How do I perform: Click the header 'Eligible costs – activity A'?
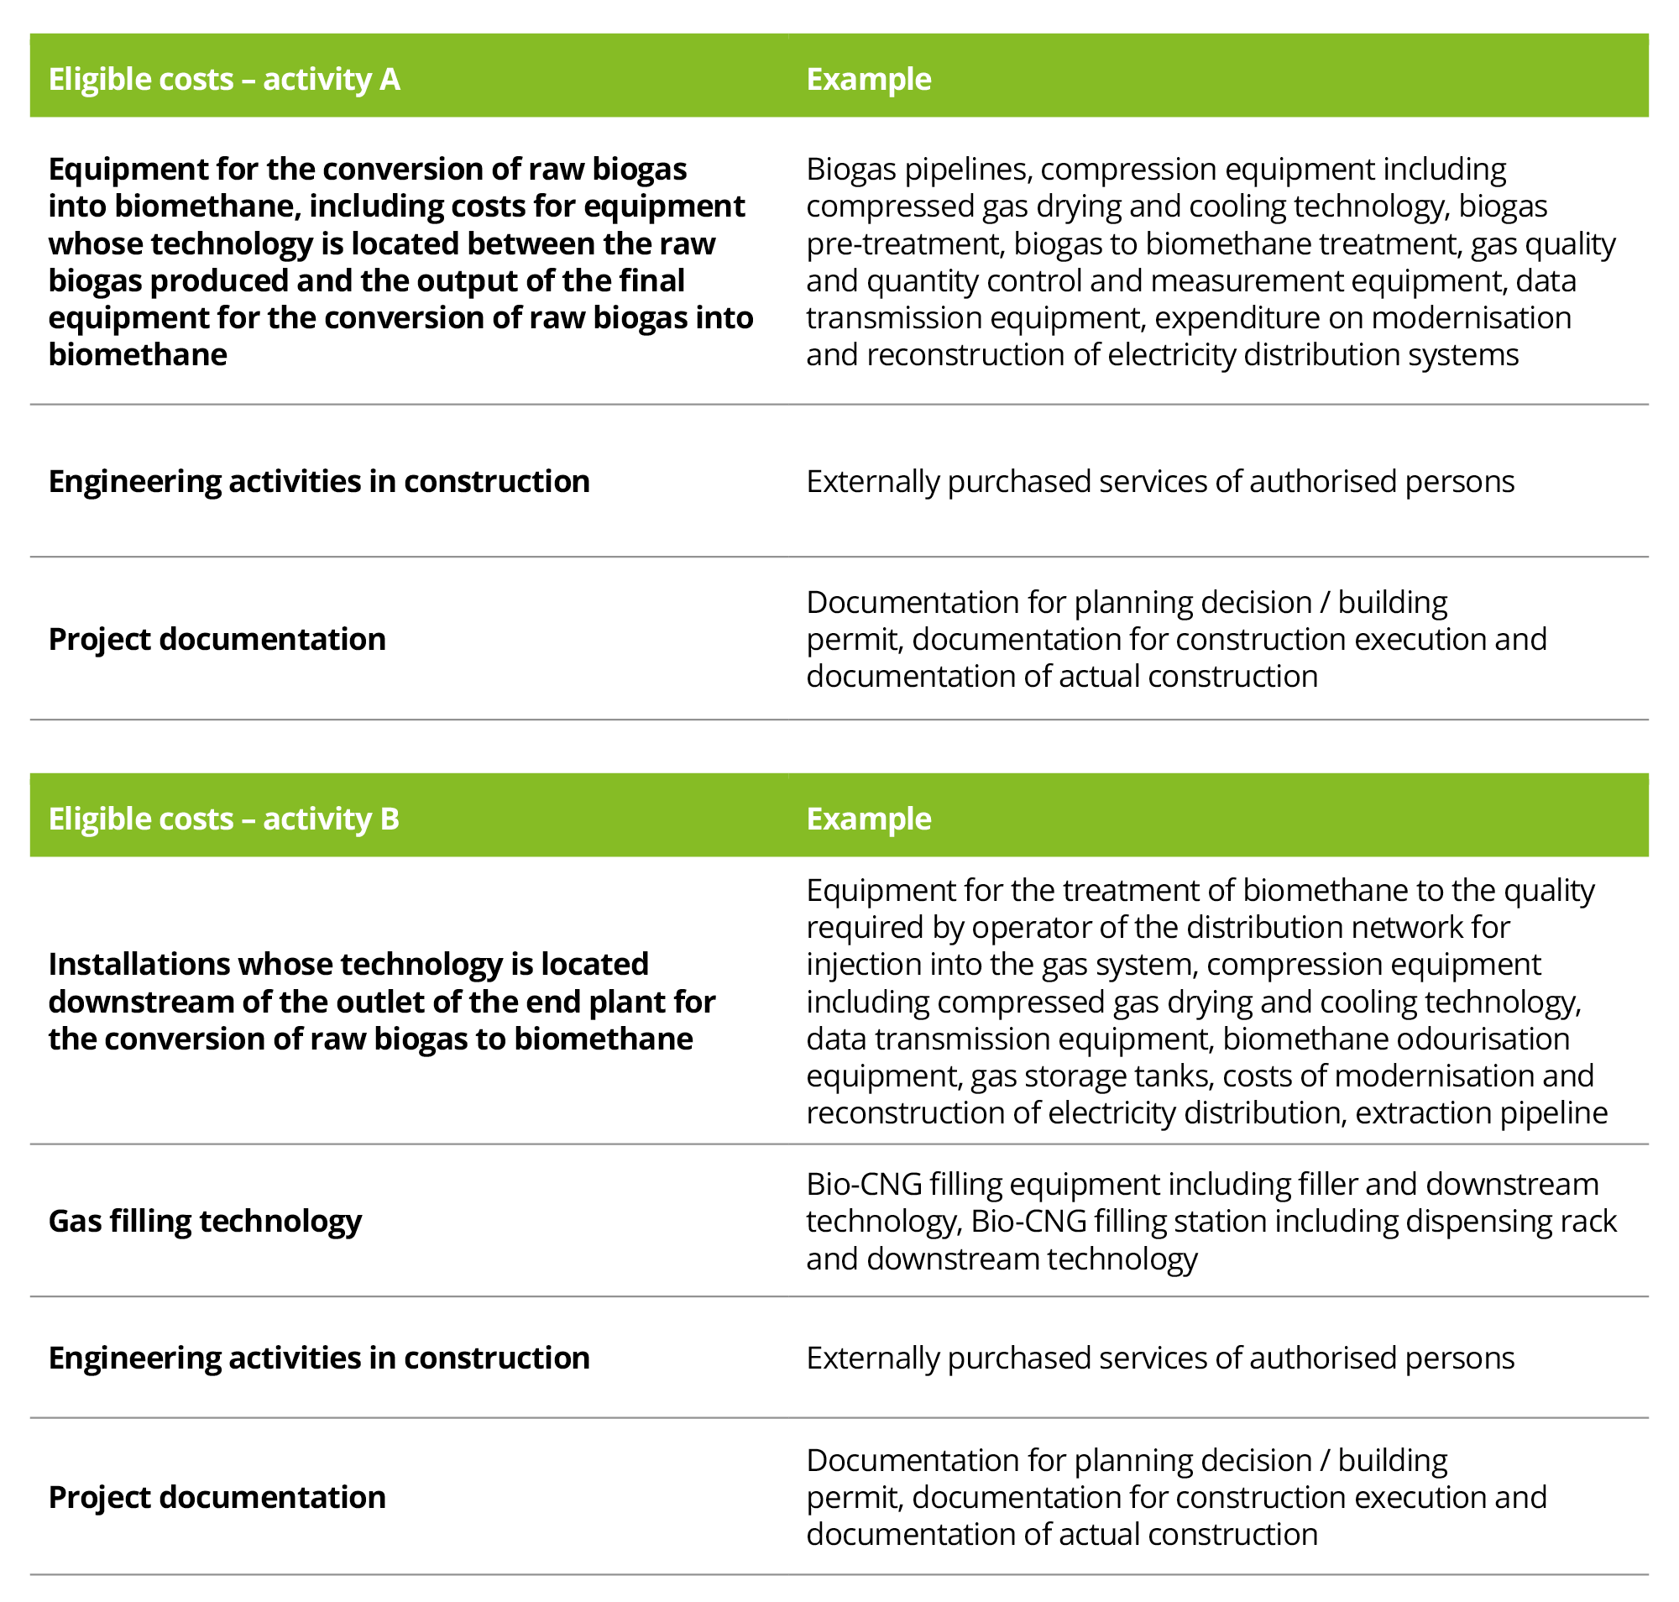[224, 80]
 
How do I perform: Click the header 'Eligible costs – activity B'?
[224, 819]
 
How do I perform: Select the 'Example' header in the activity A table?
[869, 80]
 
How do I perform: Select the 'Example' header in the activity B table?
[869, 819]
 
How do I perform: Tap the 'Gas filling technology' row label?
[205, 1221]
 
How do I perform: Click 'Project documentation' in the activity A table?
[217, 639]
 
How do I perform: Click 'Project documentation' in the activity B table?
[217, 1497]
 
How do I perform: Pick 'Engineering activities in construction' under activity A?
[318, 482]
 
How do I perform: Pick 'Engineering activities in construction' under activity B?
[318, 1358]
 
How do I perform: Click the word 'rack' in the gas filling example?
[1595, 1221]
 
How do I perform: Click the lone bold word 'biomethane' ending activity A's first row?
[138, 355]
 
